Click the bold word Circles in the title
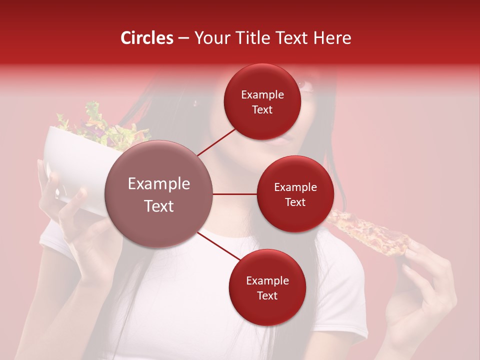(147, 38)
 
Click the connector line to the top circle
(217, 142)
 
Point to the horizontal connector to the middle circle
(234, 194)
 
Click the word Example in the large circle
(159, 184)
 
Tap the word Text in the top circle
(262, 110)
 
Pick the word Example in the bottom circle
(267, 281)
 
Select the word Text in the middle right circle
(295, 202)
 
